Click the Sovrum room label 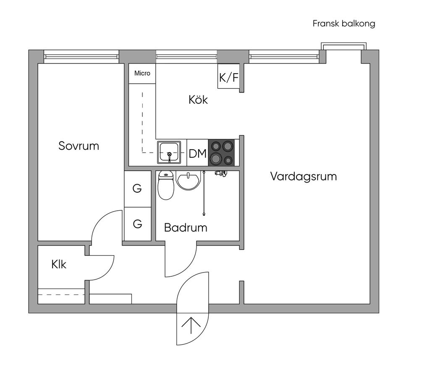[x=79, y=146]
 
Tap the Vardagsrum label [x=304, y=176]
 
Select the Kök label [x=198, y=99]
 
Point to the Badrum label [x=186, y=228]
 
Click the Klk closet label [x=59, y=264]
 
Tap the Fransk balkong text [x=344, y=24]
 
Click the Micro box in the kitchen [x=142, y=73]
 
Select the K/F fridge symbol [x=229, y=77]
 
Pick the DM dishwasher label [x=197, y=153]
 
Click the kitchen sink [x=169, y=152]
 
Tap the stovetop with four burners [x=221, y=153]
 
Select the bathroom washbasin [x=188, y=180]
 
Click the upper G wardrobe [x=138, y=189]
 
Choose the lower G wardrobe [x=138, y=224]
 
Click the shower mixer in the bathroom [x=221, y=173]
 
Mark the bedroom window [x=81, y=57]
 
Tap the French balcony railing [x=343, y=46]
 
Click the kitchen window [x=186, y=57]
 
